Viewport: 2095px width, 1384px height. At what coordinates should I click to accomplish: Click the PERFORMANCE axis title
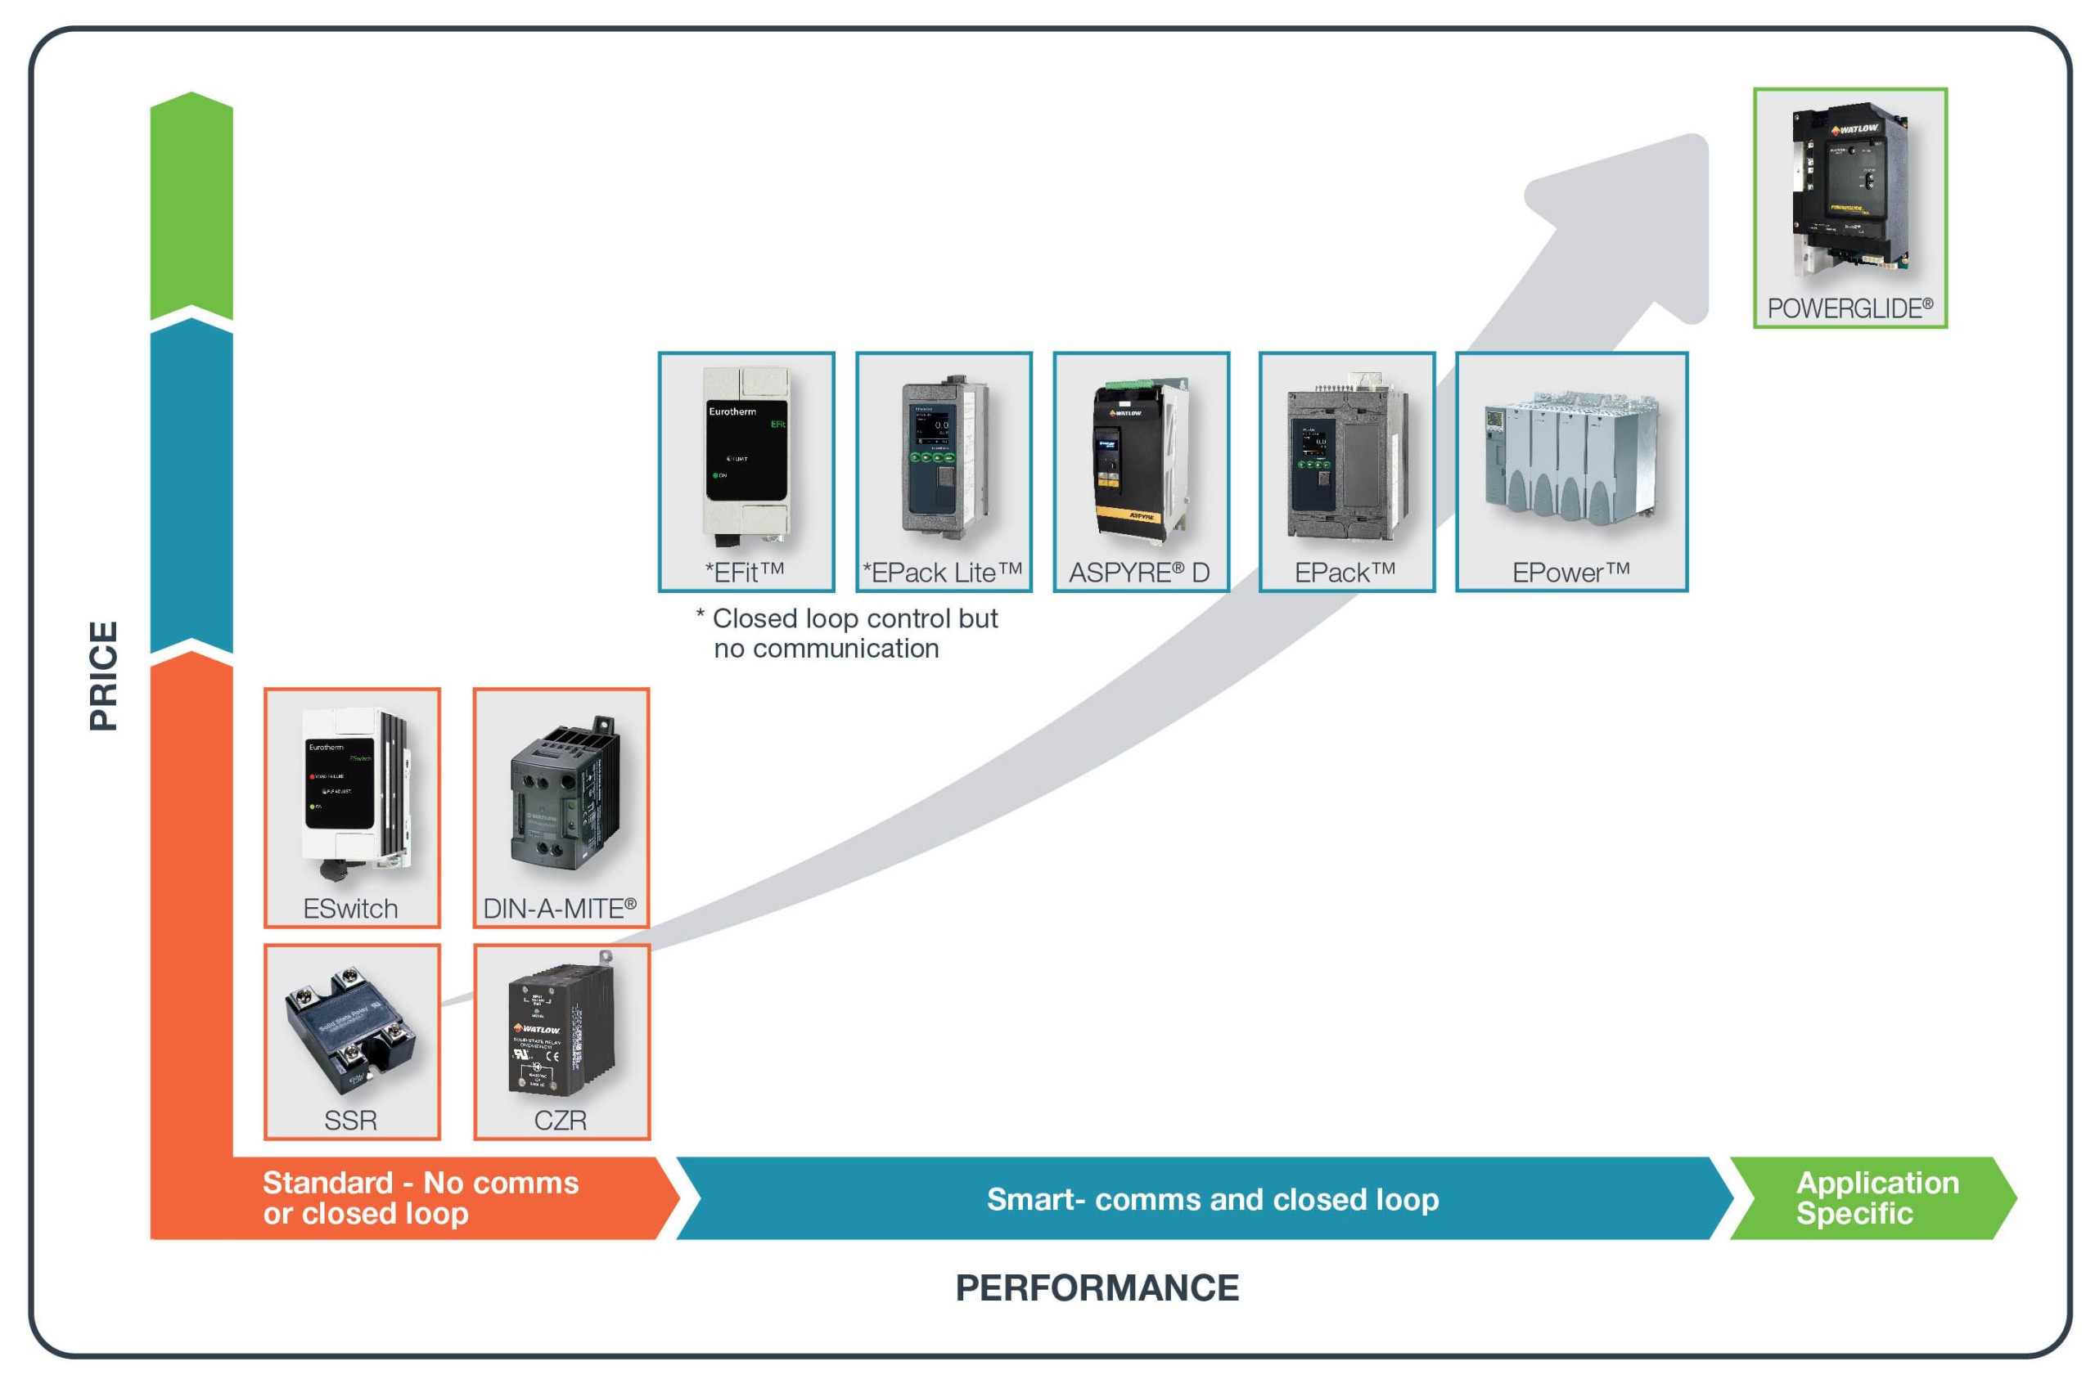click(1097, 1287)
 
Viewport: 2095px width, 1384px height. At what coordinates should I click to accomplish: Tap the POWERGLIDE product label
click(1849, 309)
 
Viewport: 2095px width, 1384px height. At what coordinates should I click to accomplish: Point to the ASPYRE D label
click(1139, 573)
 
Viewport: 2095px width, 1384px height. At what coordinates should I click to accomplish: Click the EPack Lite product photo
click(942, 457)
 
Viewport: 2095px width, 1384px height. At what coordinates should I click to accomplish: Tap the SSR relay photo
click(349, 1030)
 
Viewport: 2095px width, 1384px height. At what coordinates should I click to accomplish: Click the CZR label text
click(560, 1120)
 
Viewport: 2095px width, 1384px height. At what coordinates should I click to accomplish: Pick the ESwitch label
click(349, 908)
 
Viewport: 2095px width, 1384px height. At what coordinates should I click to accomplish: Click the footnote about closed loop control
click(848, 633)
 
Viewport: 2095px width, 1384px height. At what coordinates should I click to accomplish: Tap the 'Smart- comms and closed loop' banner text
click(1212, 1198)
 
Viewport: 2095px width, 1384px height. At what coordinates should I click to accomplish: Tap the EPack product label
click(1344, 573)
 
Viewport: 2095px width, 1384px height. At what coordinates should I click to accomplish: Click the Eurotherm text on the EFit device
click(732, 411)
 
